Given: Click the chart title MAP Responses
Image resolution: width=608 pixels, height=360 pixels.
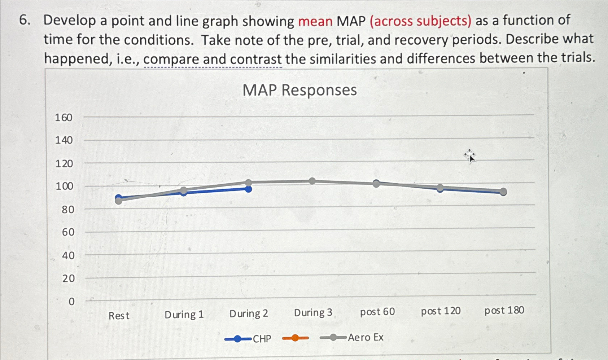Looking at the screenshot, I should point(299,90).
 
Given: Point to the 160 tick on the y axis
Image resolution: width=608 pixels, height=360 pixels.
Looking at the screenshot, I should point(64,118).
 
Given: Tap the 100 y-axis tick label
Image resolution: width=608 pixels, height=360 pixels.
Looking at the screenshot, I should point(64,186).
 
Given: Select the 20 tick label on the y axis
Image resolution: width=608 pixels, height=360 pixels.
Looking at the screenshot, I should point(68,278).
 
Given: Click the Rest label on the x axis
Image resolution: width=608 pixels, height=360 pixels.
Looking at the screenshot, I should point(119,316).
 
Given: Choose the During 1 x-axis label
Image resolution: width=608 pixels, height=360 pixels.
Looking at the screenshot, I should point(184,315).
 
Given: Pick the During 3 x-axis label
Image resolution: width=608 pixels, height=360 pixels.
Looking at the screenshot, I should point(313,312).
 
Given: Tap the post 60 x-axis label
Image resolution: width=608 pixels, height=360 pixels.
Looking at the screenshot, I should point(377,311).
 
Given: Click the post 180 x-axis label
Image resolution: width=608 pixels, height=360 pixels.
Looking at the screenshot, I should point(504,310).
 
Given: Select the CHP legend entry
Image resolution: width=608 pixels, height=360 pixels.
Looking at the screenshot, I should point(248,339).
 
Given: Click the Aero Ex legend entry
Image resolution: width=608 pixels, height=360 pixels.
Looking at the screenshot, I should point(352,337).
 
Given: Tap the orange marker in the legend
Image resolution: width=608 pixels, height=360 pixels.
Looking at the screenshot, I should point(295,338).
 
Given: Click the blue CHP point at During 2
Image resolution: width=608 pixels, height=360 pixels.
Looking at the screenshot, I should point(248,189).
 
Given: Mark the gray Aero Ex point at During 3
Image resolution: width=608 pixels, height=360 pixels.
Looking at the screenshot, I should point(312,181).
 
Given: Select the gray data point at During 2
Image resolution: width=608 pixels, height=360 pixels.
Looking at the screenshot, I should point(248,183).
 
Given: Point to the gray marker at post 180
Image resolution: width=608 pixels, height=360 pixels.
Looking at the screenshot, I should point(503,192).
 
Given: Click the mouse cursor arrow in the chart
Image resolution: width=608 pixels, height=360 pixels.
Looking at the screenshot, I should point(470,157).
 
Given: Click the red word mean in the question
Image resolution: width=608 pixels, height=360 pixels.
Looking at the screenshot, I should point(315,21).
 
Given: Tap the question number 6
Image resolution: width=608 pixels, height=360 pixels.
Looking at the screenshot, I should point(23,21).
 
